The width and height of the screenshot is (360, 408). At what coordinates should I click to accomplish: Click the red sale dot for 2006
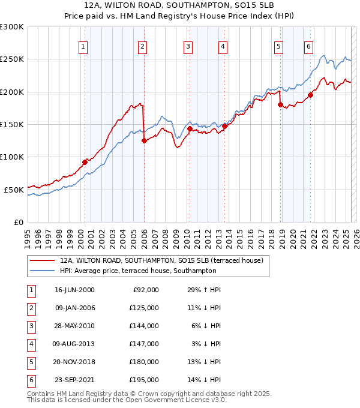[144, 141]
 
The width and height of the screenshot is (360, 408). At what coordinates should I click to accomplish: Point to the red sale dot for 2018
[280, 105]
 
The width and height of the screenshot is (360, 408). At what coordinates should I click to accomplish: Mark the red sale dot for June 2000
[85, 162]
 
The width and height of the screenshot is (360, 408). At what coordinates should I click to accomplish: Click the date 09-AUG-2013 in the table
[74, 343]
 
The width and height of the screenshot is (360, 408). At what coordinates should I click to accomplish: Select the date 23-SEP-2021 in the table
[74, 379]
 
